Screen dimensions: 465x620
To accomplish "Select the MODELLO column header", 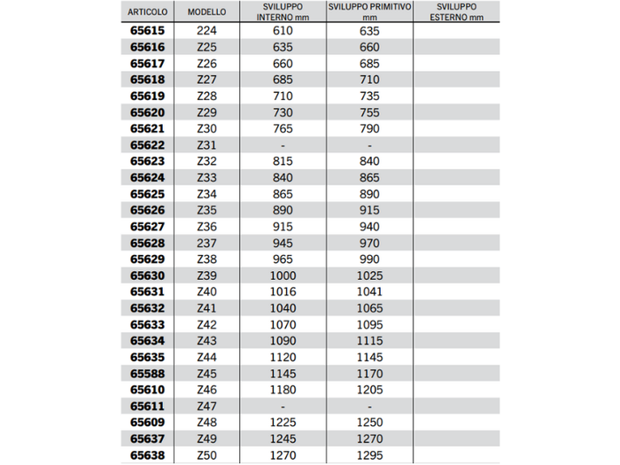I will pyautogui.click(x=206, y=13).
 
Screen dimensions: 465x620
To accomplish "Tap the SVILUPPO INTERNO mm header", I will pyautogui.click(x=282, y=12).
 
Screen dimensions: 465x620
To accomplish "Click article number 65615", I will pyautogui.click(x=147, y=30).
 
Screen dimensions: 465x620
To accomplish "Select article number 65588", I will pyautogui.click(x=147, y=374).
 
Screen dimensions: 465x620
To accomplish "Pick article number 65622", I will pyautogui.click(x=147, y=145).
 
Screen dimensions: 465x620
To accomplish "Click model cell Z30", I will pyautogui.click(x=206, y=128).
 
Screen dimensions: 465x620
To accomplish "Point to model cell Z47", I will pyautogui.click(x=206, y=407).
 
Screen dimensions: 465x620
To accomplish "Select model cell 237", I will pyautogui.click(x=206, y=243).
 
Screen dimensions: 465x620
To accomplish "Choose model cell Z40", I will pyautogui.click(x=206, y=291).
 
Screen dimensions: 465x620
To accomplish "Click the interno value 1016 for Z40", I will pyautogui.click(x=282, y=291).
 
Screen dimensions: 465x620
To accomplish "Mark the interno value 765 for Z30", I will pyautogui.click(x=282, y=128).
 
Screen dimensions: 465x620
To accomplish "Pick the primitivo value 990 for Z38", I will pyautogui.click(x=369, y=259).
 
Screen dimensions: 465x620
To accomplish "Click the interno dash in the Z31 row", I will pyautogui.click(x=282, y=145).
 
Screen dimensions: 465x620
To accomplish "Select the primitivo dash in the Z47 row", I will pyautogui.click(x=369, y=407).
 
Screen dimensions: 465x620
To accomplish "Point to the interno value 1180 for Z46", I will pyautogui.click(x=282, y=390).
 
